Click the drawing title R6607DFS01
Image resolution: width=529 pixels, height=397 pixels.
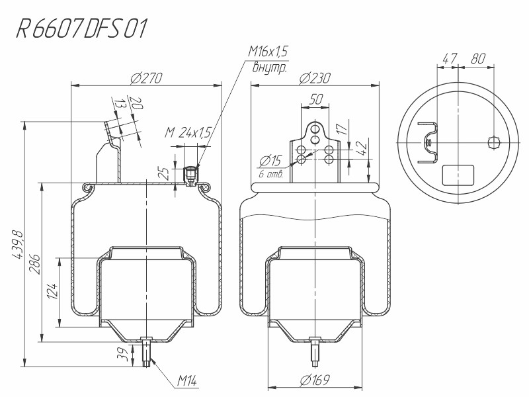pyautogui.click(x=82, y=28)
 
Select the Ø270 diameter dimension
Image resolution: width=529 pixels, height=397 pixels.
pyautogui.click(x=146, y=78)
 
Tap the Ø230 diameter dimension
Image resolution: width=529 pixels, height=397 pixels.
pyautogui.click(x=315, y=78)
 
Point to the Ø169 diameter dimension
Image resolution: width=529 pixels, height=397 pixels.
pyautogui.click(x=315, y=380)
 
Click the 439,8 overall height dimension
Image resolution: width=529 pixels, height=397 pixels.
pyautogui.click(x=17, y=245)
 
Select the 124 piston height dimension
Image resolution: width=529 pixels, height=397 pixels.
pyautogui.click(x=52, y=291)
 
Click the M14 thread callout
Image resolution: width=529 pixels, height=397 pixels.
pyautogui.click(x=186, y=381)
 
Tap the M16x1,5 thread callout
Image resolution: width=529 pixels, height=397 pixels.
pyautogui.click(x=268, y=52)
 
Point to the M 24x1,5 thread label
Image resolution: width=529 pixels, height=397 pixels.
pyautogui.click(x=188, y=132)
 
